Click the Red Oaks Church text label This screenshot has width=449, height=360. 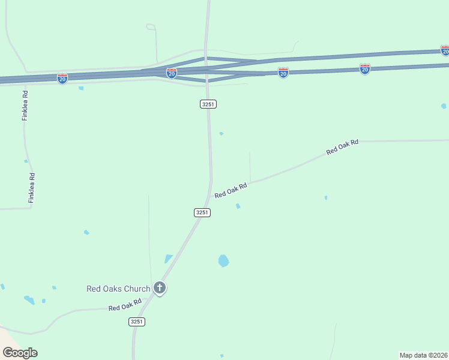(118, 289)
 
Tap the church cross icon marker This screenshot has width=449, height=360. (160, 288)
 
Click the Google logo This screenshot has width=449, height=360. (20, 353)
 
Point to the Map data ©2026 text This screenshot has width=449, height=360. (423, 355)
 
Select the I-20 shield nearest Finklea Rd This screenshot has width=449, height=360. (62, 78)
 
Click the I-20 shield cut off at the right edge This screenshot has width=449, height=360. (445, 50)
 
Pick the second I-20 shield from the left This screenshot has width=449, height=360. (172, 73)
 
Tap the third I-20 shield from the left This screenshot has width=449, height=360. (283, 73)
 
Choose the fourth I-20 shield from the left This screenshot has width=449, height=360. (365, 68)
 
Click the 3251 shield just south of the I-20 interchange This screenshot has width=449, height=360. (208, 104)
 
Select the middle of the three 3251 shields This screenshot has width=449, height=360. (202, 212)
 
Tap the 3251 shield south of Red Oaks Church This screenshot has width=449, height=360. (137, 322)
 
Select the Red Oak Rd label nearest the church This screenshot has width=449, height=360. (125, 305)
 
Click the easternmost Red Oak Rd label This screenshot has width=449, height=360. (342, 147)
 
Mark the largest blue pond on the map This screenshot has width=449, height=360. (223, 261)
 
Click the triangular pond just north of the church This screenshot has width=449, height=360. (168, 259)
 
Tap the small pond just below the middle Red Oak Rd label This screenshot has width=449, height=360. (238, 206)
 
